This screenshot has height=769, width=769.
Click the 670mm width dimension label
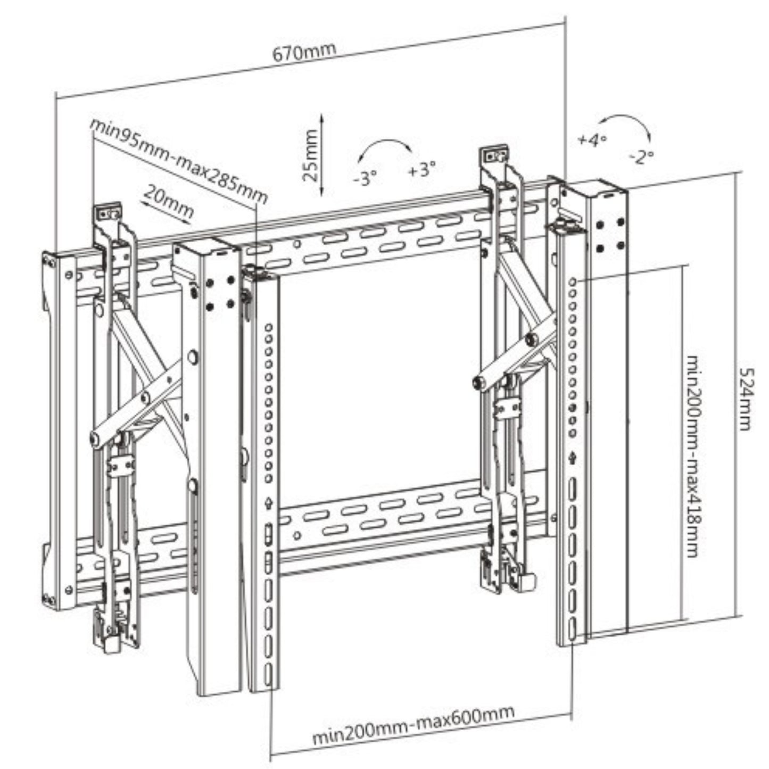click(304, 52)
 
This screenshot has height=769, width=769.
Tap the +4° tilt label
click(592, 140)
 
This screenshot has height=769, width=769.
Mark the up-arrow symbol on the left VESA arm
click(269, 502)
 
